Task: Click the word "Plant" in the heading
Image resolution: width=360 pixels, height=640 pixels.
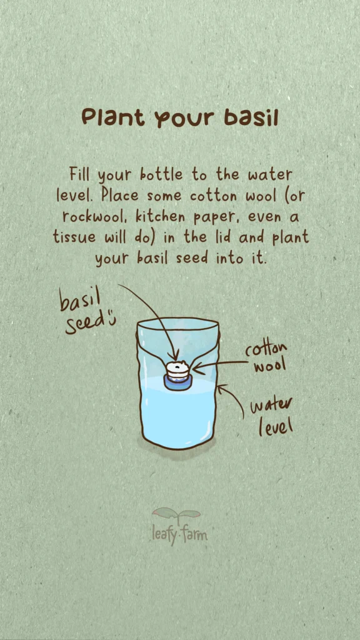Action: pyautogui.click(x=113, y=117)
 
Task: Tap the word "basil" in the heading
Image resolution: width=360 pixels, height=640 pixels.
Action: pyautogui.click(x=251, y=117)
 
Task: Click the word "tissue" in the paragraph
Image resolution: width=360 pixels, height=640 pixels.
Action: pyautogui.click(x=74, y=237)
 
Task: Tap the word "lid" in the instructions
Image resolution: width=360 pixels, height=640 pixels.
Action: pyautogui.click(x=224, y=237)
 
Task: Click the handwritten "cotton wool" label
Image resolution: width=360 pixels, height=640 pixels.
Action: pyautogui.click(x=266, y=358)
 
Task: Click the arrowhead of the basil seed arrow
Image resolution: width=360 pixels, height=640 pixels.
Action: pyautogui.click(x=176, y=356)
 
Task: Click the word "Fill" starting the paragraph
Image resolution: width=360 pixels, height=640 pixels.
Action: pyautogui.click(x=79, y=175)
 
